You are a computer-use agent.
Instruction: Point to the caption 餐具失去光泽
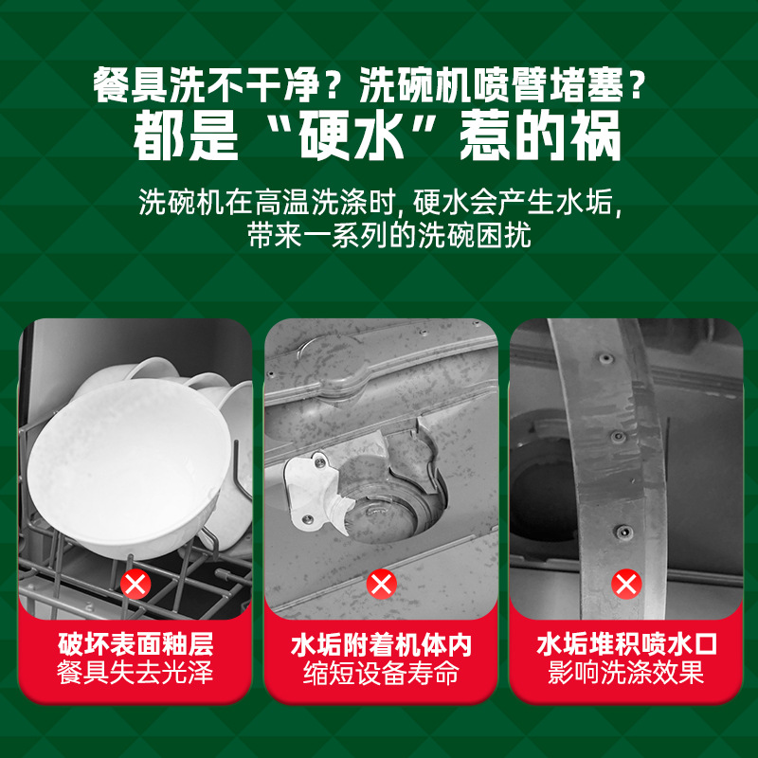tap(135, 675)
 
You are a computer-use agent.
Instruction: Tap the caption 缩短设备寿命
tap(381, 675)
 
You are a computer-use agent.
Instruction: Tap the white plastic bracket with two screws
tap(308, 485)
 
